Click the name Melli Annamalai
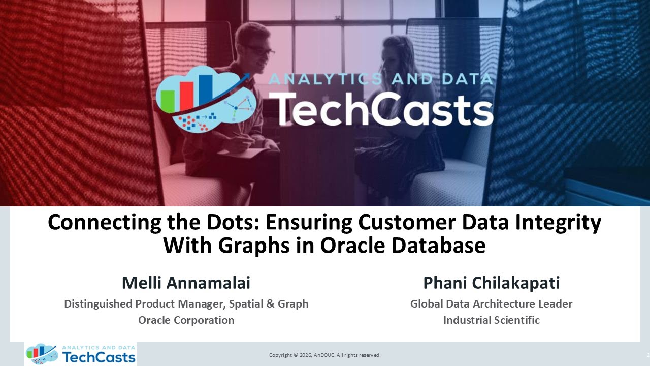(186, 283)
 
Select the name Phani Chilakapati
(492, 283)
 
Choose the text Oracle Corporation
(186, 320)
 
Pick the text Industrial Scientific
(492, 320)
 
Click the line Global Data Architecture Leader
(492, 304)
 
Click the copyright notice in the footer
(324, 355)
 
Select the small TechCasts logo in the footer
(81, 354)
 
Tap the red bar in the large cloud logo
(187, 97)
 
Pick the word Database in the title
(437, 246)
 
